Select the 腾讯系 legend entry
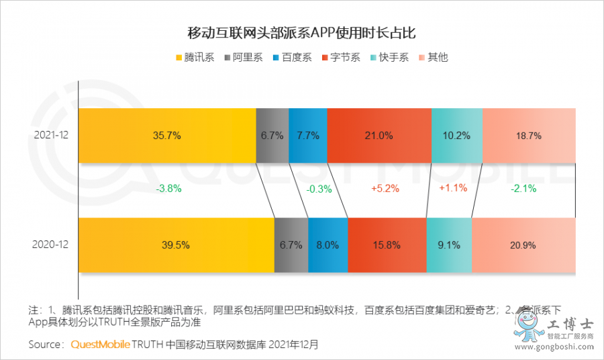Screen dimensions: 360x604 (195, 57)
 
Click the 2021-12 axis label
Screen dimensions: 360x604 (51, 135)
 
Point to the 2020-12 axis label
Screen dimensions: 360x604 (51, 245)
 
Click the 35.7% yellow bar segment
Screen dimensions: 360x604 (167, 135)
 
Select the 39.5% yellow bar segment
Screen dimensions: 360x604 (176, 245)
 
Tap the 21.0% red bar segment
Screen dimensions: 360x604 (379, 135)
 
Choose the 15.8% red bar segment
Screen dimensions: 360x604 (387, 245)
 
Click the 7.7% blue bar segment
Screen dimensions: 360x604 (307, 135)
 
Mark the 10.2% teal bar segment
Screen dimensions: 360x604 (456, 135)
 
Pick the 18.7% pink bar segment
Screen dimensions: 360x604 (529, 135)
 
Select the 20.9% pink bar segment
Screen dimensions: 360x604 (523, 245)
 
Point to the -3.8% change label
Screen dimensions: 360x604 (168, 189)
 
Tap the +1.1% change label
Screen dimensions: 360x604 (452, 188)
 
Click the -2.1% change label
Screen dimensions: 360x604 (523, 189)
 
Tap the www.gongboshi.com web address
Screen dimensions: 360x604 (556, 347)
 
